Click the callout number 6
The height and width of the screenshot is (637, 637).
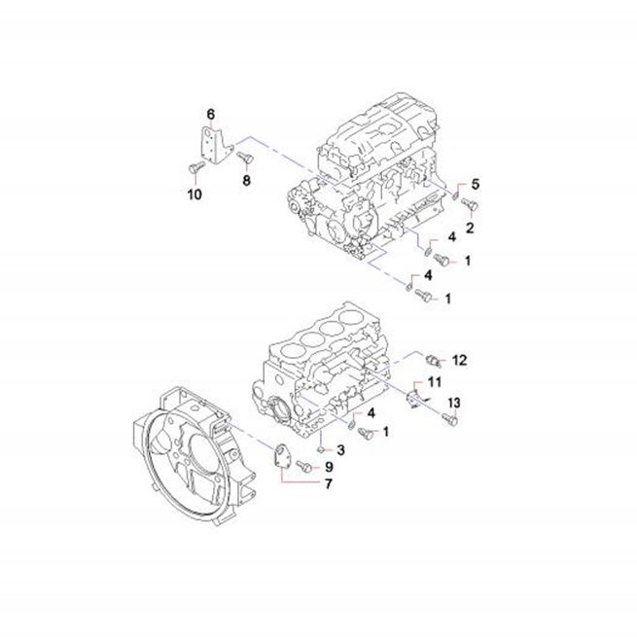click(210, 115)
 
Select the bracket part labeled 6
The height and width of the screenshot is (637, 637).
click(216, 145)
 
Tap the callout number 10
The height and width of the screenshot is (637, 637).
click(195, 195)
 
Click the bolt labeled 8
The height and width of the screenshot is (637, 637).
click(244, 158)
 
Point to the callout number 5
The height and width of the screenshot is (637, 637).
click(475, 184)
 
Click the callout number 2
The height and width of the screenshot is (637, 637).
click(470, 228)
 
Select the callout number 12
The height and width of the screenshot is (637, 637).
click(459, 360)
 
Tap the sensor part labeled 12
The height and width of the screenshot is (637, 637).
click(433, 360)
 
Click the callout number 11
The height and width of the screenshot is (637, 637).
click(435, 382)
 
